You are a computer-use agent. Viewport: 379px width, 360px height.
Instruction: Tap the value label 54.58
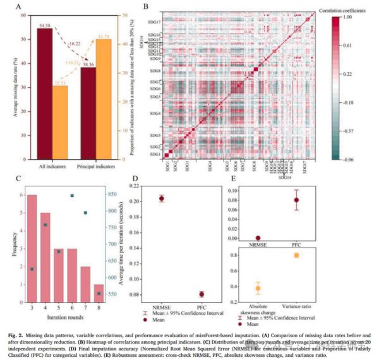pyautogui.click(x=44, y=25)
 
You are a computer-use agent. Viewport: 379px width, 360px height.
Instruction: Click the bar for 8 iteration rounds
pyautogui.click(x=99, y=293)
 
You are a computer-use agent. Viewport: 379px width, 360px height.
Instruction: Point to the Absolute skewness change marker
pyautogui.click(x=258, y=288)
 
